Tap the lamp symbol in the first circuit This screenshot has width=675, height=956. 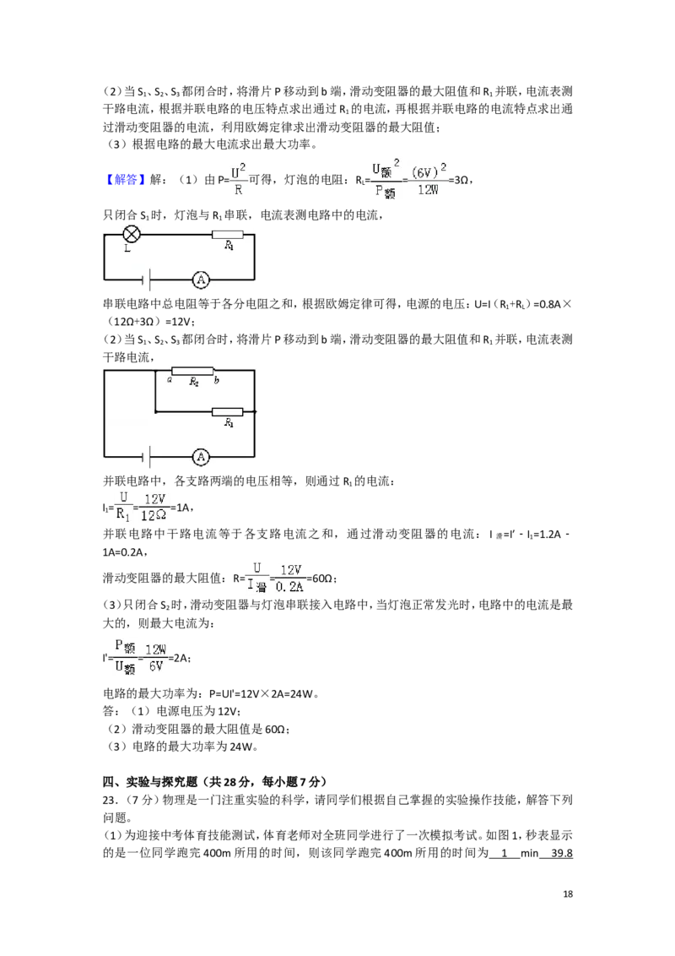132,234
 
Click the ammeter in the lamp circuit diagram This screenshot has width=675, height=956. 201,280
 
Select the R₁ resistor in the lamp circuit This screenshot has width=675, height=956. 227,234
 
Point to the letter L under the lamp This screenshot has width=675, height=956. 127,249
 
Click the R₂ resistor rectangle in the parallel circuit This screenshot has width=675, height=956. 192,371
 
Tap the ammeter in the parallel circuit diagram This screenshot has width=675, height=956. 201,457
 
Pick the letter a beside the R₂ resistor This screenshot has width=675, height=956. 170,380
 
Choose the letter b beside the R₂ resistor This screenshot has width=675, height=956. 216,380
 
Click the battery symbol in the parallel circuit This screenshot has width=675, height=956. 146,457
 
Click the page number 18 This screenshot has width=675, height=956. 568,894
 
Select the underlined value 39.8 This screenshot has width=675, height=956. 562,854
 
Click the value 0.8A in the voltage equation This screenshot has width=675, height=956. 548,304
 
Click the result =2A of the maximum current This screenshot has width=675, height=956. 180,658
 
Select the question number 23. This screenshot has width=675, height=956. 110,800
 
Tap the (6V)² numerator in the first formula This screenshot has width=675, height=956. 429,171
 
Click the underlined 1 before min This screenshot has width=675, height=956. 505,854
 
